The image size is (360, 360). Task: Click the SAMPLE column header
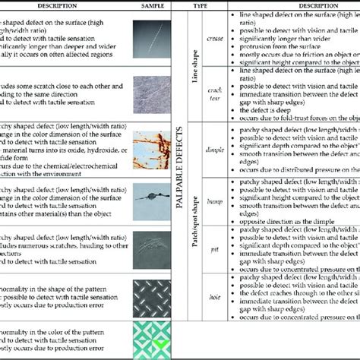[153, 5]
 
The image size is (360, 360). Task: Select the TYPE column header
[201, 5]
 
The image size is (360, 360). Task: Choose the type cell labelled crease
[213, 37]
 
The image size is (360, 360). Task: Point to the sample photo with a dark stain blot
[153, 197]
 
